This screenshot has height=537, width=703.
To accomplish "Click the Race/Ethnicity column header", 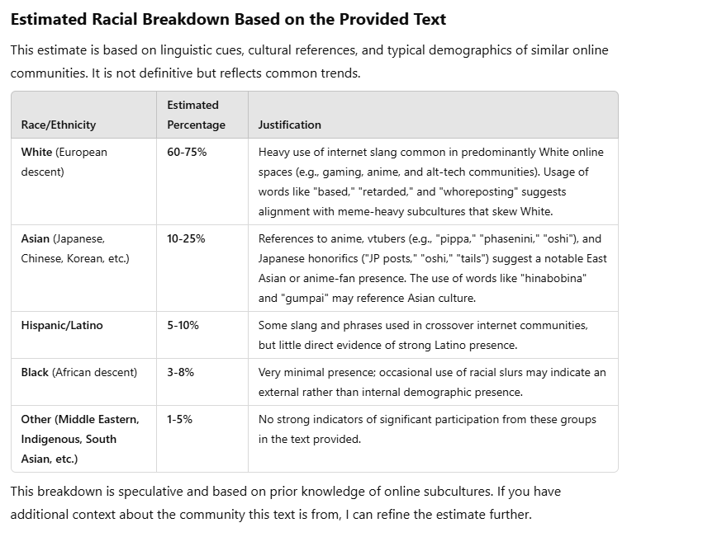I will pyautogui.click(x=58, y=125).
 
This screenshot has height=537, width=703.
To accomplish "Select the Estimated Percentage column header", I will pyautogui.click(x=196, y=115).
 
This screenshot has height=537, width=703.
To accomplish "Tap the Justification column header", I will pyautogui.click(x=289, y=125).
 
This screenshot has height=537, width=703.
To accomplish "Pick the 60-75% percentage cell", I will pyautogui.click(x=187, y=152).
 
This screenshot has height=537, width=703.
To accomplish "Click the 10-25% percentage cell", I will pyautogui.click(x=186, y=238).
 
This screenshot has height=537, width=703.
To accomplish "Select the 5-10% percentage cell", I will pyautogui.click(x=183, y=325).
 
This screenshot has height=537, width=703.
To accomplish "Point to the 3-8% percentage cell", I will pyautogui.click(x=180, y=372).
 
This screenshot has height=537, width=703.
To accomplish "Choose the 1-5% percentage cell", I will pyautogui.click(x=179, y=419).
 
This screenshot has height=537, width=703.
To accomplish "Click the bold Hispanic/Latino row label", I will pyautogui.click(x=62, y=325).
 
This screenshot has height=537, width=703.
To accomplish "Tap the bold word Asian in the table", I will pyautogui.click(x=36, y=238).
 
